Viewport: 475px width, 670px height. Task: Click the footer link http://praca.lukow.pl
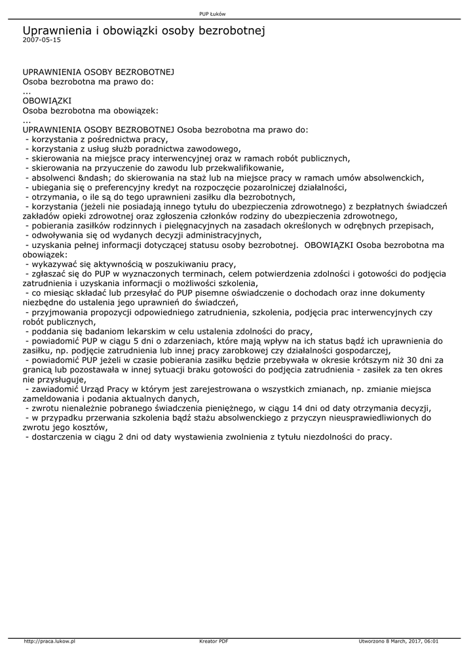pos(50,641)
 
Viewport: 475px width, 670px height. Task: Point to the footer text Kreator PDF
pos(214,641)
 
